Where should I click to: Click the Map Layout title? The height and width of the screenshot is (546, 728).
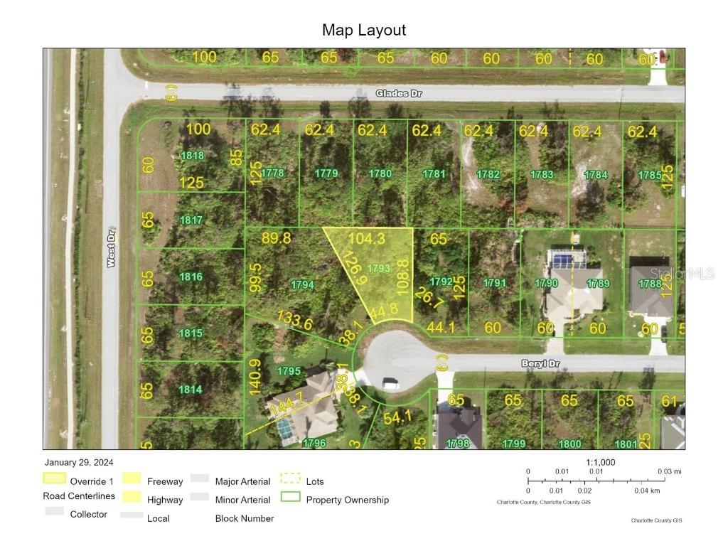tap(364, 30)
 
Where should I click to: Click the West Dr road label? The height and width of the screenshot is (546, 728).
tap(111, 252)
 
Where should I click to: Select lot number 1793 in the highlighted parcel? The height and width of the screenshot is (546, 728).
tap(379, 268)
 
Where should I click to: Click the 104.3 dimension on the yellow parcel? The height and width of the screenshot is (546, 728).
tap(367, 239)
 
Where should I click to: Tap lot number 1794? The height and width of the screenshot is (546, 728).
tap(302, 285)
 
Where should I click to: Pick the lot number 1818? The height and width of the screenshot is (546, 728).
tap(192, 156)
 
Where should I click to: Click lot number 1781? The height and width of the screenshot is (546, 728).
tap(434, 173)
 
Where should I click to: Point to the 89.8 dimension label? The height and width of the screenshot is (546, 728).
tap(276, 238)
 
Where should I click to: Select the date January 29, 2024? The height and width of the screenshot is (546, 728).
tap(78, 463)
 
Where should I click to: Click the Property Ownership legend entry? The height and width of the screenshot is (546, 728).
tap(347, 500)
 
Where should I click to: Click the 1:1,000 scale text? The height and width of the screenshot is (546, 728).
tap(600, 462)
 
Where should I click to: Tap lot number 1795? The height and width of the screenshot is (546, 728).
tap(289, 371)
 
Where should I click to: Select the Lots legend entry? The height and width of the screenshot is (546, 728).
tap(314, 481)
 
